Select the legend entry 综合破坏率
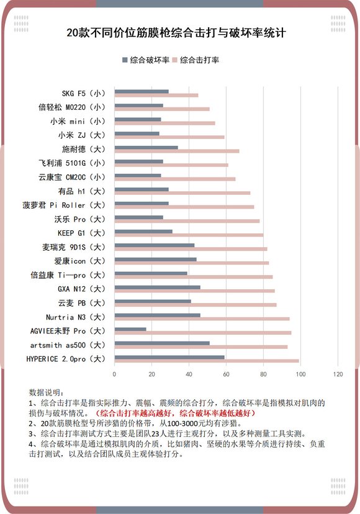[146, 60]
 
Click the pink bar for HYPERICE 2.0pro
[206, 361]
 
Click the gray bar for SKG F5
[142, 91]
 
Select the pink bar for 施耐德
[177, 151]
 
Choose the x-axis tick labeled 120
[338, 374]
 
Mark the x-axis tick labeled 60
[227, 374]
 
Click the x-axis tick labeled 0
[114, 374]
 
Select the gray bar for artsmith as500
[162, 343]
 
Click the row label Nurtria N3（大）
[73, 316]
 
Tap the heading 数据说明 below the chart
[46, 392]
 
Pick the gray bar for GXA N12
[157, 287]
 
